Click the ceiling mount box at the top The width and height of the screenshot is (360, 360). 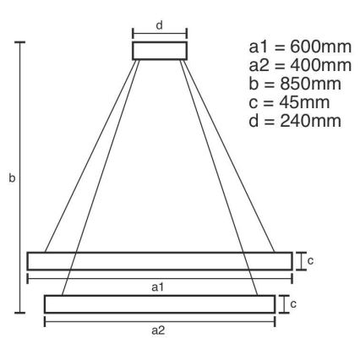pyautogui.click(x=158, y=51)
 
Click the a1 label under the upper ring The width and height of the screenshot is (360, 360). pyautogui.click(x=157, y=288)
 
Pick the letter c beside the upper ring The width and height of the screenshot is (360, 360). pyautogui.click(x=310, y=261)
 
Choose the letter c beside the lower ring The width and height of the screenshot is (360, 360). pyautogui.click(x=293, y=303)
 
